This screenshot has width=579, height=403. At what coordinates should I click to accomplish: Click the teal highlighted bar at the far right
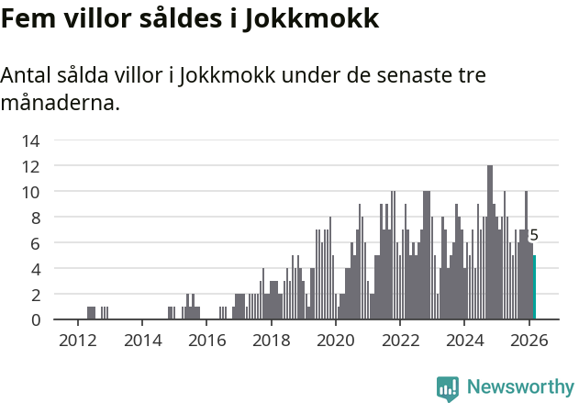[534, 287]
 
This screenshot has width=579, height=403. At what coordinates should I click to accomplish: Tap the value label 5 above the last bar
[534, 236]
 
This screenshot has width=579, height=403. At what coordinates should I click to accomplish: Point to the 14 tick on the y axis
[30, 140]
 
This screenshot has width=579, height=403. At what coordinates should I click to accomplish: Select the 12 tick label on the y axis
[30, 166]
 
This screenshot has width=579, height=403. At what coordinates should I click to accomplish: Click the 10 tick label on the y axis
[30, 192]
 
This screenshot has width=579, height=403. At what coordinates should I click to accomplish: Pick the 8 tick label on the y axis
[34, 218]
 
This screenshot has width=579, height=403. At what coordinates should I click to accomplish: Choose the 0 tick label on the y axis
[34, 319]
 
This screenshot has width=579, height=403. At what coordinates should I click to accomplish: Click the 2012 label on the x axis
[77, 341]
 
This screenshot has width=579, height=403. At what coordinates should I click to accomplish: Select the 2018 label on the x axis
[271, 341]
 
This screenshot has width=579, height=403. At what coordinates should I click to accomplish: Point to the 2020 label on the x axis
[335, 341]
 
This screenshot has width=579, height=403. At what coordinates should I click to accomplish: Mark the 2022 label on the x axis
[400, 341]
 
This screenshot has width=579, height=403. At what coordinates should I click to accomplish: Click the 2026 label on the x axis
[529, 341]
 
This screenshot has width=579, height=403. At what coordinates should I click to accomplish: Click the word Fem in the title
[28, 19]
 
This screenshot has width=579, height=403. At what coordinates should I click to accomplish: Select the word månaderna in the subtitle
[61, 103]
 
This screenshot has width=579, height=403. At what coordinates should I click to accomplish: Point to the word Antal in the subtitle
[29, 75]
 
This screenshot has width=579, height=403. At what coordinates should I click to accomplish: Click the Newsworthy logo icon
[448, 387]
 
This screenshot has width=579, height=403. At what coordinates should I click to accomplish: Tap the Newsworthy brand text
[519, 387]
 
